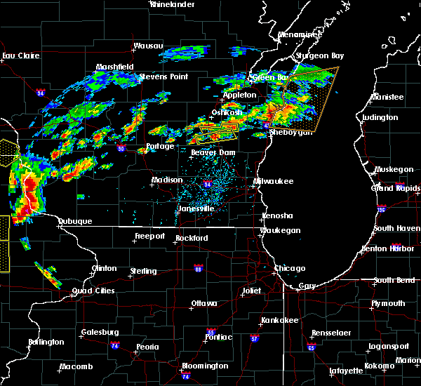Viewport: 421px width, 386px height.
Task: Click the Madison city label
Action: pyautogui.click(x=167, y=180)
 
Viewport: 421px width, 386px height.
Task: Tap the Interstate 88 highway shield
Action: pyautogui.click(x=199, y=267)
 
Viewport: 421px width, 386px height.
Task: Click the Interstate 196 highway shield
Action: pyautogui.click(x=400, y=209)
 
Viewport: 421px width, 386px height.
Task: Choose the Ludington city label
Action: pyautogui.click(x=381, y=117)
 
